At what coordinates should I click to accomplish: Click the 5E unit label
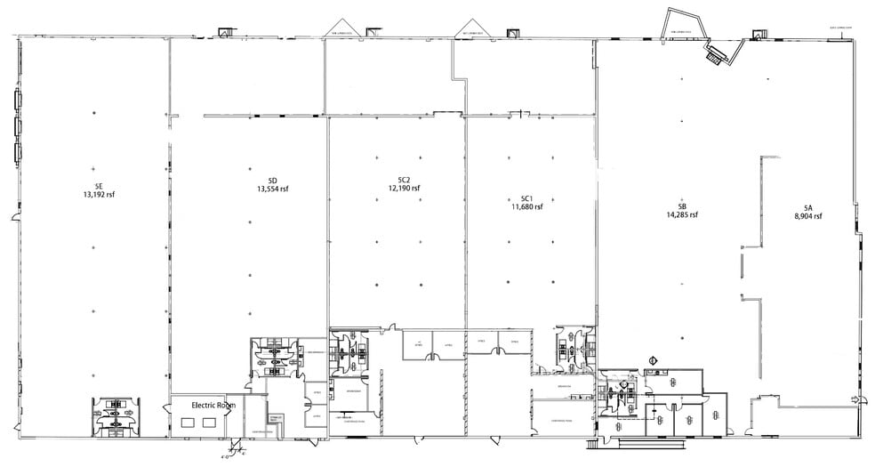(x=99, y=186)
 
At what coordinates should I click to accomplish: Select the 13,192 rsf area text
(x=99, y=195)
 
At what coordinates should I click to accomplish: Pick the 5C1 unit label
(x=526, y=198)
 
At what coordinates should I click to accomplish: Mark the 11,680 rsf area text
(x=526, y=207)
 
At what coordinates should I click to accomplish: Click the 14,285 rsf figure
(x=681, y=214)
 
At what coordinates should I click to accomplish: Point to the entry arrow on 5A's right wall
(x=855, y=399)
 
